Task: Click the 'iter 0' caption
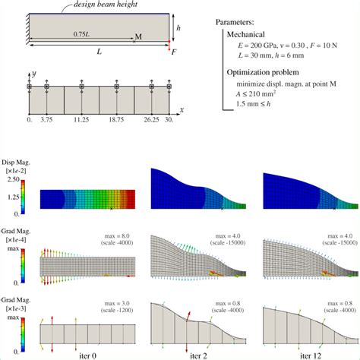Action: click(87, 354)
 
